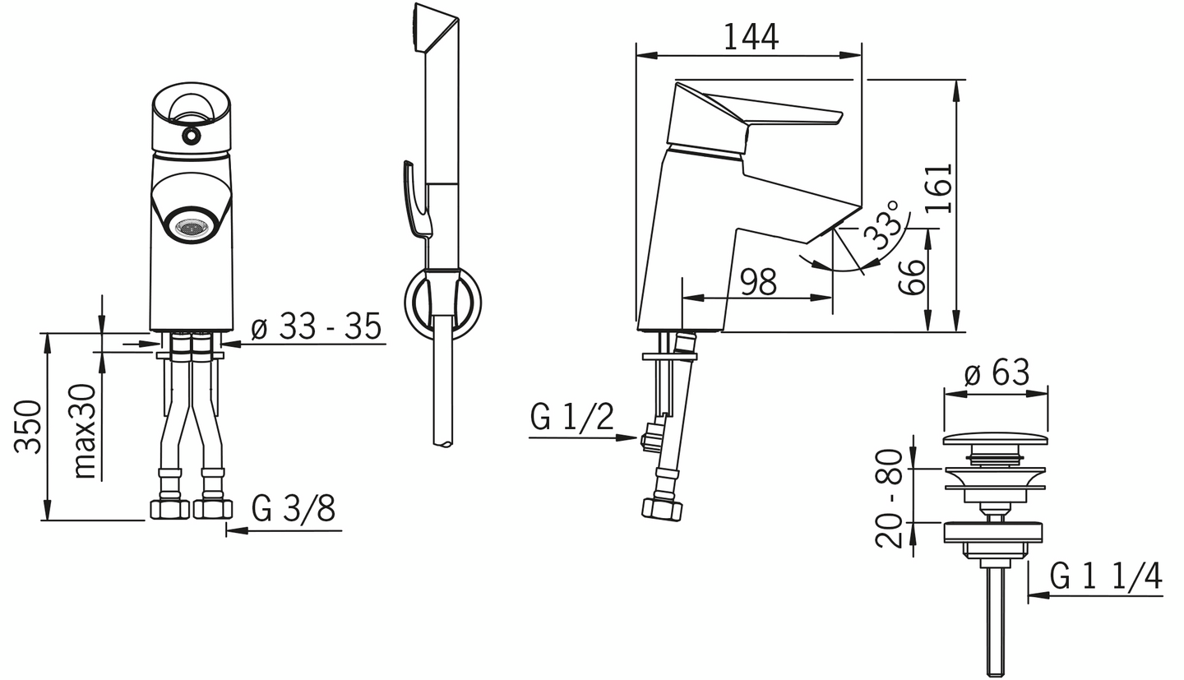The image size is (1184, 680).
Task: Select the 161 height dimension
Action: [x=939, y=188]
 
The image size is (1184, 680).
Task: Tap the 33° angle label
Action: [x=882, y=224]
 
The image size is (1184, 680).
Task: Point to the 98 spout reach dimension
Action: [x=757, y=282]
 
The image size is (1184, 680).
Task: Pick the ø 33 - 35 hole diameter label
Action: [x=316, y=326]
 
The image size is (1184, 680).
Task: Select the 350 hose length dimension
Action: [x=27, y=427]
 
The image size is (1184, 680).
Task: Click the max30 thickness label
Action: [x=84, y=432]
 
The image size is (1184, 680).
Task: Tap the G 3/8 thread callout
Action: [x=294, y=509]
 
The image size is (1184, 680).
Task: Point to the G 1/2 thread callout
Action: [x=572, y=417]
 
